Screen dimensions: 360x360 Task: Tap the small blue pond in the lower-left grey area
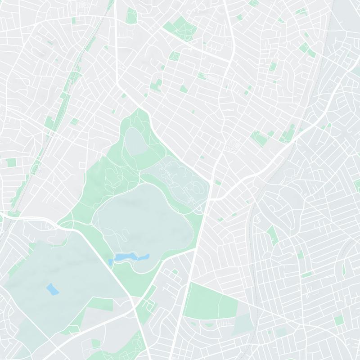[53, 289]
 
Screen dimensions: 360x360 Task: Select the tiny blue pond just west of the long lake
[111, 261]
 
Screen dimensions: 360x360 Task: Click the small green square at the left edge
[10, 162]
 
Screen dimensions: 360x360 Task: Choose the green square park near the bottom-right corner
[339, 320]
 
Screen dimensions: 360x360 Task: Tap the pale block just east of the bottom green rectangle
[243, 324]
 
